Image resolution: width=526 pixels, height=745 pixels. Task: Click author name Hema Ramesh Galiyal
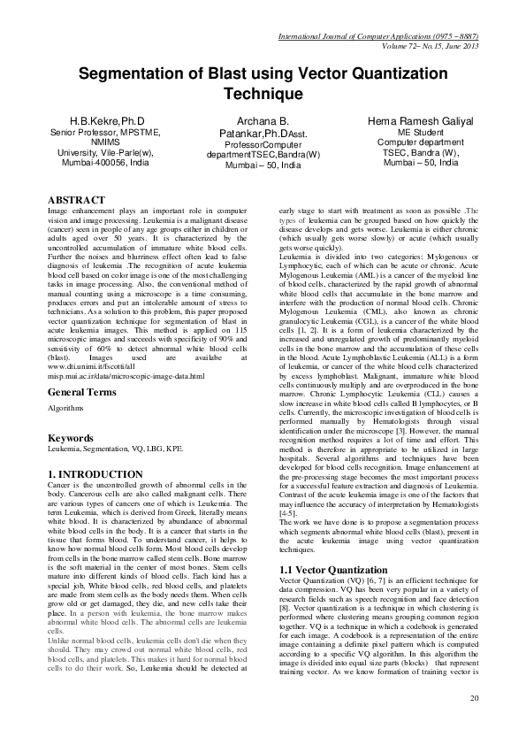coord(420,119)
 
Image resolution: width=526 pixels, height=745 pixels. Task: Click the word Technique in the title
coord(263,94)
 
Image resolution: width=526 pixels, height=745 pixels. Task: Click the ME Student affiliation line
coord(420,132)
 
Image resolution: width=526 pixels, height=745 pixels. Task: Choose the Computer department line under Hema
coord(420,142)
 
